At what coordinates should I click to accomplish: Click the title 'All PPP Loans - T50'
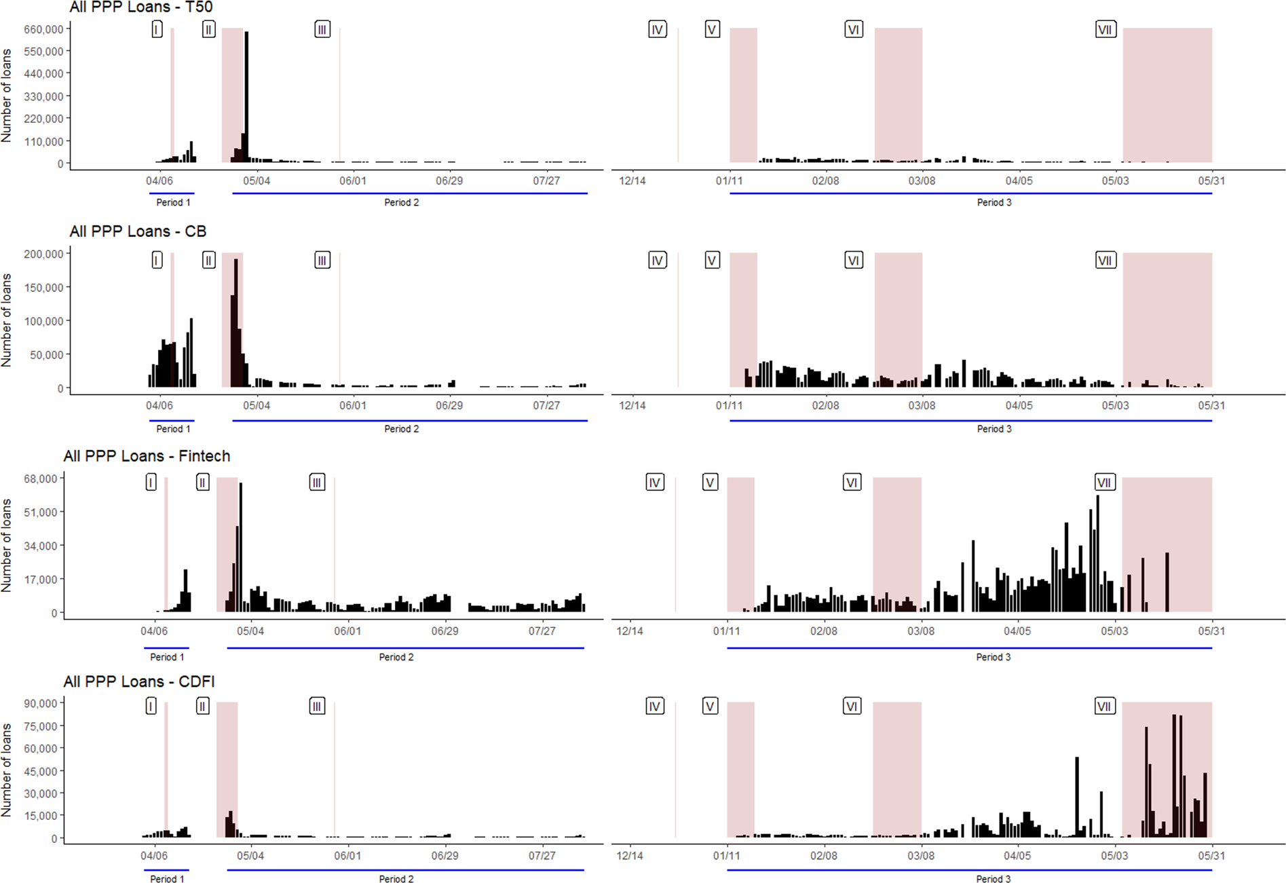[141, 7]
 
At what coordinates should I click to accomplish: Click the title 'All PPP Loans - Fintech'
[147, 456]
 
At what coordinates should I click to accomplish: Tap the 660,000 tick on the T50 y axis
[43, 29]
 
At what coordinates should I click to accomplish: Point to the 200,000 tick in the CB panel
[43, 254]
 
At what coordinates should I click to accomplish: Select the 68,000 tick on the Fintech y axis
[40, 479]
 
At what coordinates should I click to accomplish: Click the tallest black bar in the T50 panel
[246, 95]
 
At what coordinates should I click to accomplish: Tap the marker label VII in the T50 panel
[1105, 30]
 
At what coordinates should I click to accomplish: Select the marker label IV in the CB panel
[657, 261]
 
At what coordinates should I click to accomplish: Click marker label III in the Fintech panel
[317, 483]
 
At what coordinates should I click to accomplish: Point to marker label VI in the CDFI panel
[852, 707]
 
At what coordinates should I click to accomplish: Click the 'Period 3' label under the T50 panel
[994, 202]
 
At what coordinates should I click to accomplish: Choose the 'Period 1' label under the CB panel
[173, 429]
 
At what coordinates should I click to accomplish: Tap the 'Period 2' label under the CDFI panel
[396, 879]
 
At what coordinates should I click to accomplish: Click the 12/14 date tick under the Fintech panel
[630, 631]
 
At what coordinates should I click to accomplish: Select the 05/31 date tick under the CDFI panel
[1211, 856]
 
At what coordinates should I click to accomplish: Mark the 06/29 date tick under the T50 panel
[449, 181]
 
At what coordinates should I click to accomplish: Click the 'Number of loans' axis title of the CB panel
[7, 320]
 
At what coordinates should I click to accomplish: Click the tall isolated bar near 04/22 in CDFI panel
[1077, 797]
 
